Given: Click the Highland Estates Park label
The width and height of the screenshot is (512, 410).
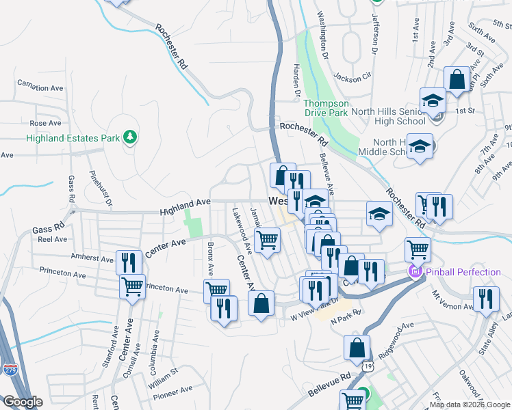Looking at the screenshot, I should click(73, 138).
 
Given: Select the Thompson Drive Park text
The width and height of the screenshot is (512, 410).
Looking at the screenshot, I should click(326, 107).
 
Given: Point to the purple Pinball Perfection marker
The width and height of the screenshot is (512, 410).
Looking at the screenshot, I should click(414, 273).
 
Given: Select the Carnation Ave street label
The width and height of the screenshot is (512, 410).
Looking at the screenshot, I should click(40, 88).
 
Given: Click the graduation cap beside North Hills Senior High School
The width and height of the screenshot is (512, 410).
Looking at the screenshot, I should click(432, 101).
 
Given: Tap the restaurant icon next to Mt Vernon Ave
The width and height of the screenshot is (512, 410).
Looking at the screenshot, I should click(486, 299).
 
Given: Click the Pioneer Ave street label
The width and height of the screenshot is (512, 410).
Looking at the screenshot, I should click(172, 391).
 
